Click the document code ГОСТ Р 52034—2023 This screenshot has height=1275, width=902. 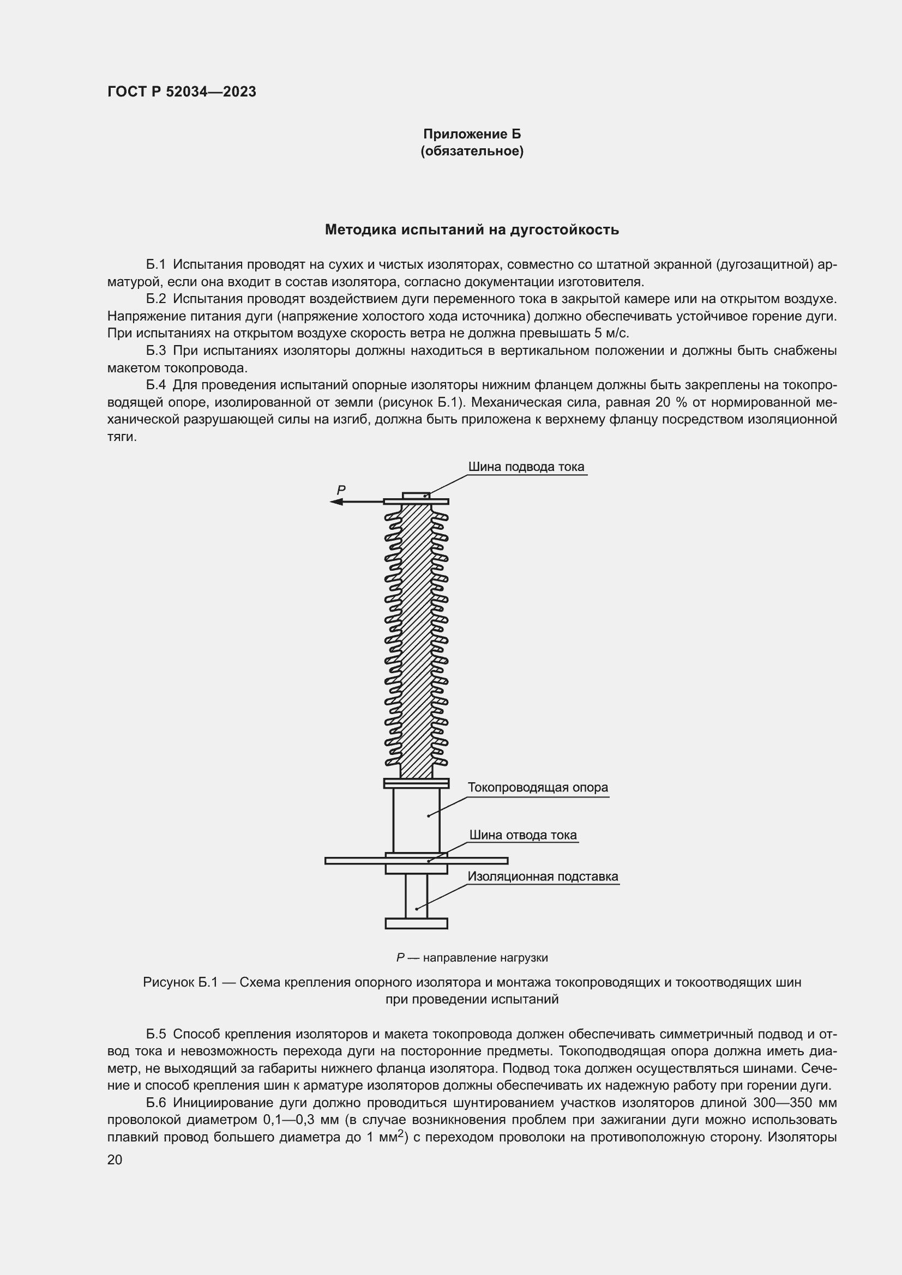[182, 92]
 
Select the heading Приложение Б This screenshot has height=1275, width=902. [472, 134]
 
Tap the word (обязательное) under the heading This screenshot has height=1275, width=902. [472, 151]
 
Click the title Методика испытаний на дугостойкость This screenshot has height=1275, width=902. [472, 229]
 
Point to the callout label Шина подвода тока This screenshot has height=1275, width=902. [525, 467]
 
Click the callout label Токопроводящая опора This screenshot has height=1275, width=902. [537, 788]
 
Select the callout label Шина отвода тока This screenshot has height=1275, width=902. [522, 835]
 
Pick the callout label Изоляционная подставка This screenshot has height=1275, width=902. [542, 877]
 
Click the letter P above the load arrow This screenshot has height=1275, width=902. [341, 490]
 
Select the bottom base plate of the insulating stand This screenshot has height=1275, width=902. [416, 923]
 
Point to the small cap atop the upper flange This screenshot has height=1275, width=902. [416, 496]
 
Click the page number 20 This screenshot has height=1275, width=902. [115, 1160]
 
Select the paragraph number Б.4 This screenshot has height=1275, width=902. [156, 385]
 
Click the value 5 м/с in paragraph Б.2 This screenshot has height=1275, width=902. [611, 333]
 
